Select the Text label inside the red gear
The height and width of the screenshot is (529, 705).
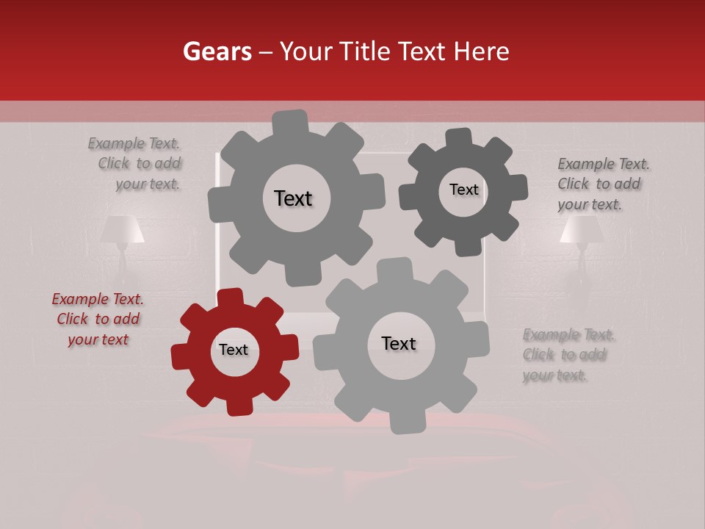234,350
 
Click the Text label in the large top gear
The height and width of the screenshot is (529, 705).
293,198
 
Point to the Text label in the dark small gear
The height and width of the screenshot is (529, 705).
463,190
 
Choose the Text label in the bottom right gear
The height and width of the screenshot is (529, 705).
399,343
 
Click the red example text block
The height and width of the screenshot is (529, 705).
98,319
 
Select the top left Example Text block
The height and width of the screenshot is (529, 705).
135,163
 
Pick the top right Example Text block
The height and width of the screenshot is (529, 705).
602,184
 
